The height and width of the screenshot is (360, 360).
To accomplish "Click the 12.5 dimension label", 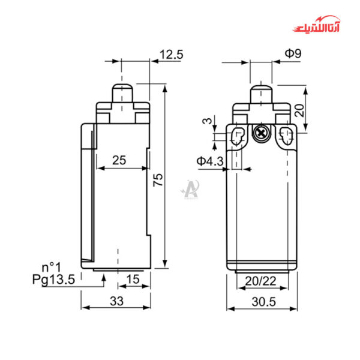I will click(x=171, y=55).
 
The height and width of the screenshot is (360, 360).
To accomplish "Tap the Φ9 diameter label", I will click(x=293, y=53).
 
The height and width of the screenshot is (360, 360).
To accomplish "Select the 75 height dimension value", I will click(x=158, y=181).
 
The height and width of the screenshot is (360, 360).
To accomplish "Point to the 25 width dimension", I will click(x=119, y=160).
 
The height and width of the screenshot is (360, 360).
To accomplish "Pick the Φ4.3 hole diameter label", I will click(x=210, y=161).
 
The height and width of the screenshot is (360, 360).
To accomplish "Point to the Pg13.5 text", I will click(x=54, y=279).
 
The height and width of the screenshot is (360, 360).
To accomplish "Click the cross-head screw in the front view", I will click(x=261, y=133).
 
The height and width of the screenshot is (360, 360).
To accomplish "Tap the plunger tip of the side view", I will click(x=122, y=90).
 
